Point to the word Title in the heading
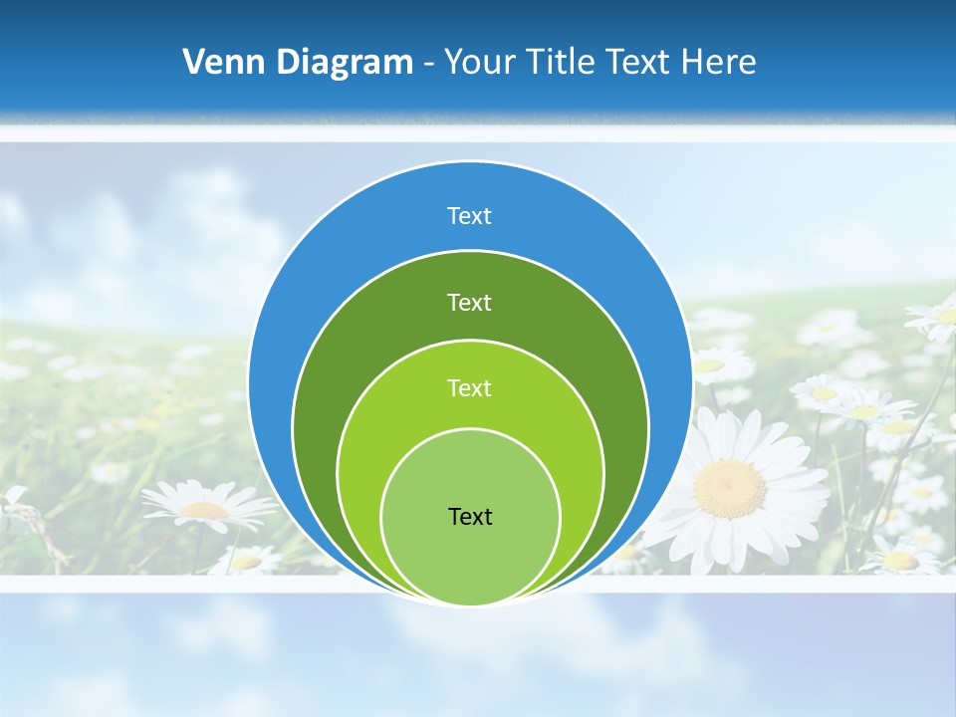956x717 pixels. (565, 62)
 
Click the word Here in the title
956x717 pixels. (718, 62)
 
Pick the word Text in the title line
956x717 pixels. (639, 62)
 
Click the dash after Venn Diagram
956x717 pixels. (428, 64)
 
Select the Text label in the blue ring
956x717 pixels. (469, 216)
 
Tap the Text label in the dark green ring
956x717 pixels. (469, 302)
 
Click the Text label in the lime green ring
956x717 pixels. (469, 388)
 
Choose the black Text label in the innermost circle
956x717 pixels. (470, 517)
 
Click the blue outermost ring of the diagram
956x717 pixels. (299, 299)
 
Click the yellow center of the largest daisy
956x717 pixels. (730, 488)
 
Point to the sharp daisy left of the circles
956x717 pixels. (206, 508)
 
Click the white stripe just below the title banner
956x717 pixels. (478, 132)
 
